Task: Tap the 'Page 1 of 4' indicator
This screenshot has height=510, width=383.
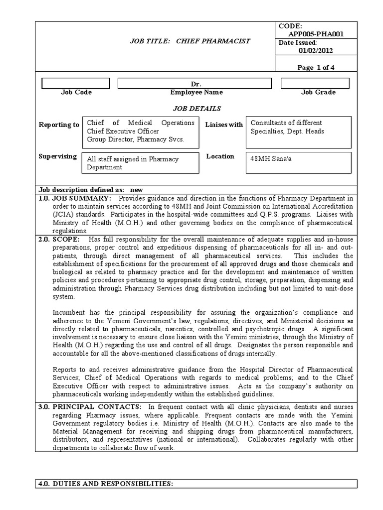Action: click(x=317, y=68)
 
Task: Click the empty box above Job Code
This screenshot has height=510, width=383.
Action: click(x=76, y=83)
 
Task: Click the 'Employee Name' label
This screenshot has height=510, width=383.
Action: click(x=196, y=92)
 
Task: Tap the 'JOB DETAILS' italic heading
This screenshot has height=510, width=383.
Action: click(x=196, y=108)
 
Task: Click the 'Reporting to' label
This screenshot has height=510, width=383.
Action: click(x=59, y=125)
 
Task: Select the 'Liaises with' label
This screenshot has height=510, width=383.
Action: click(x=224, y=125)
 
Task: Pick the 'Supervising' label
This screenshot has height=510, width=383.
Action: click(x=58, y=156)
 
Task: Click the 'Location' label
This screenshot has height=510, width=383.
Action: click(x=220, y=156)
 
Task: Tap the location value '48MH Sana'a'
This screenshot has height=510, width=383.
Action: click(x=269, y=159)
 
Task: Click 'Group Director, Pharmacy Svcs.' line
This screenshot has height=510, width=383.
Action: click(x=136, y=139)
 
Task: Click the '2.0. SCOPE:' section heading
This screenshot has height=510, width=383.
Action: click(x=59, y=240)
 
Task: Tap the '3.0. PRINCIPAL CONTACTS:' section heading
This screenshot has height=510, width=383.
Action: click(x=91, y=407)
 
